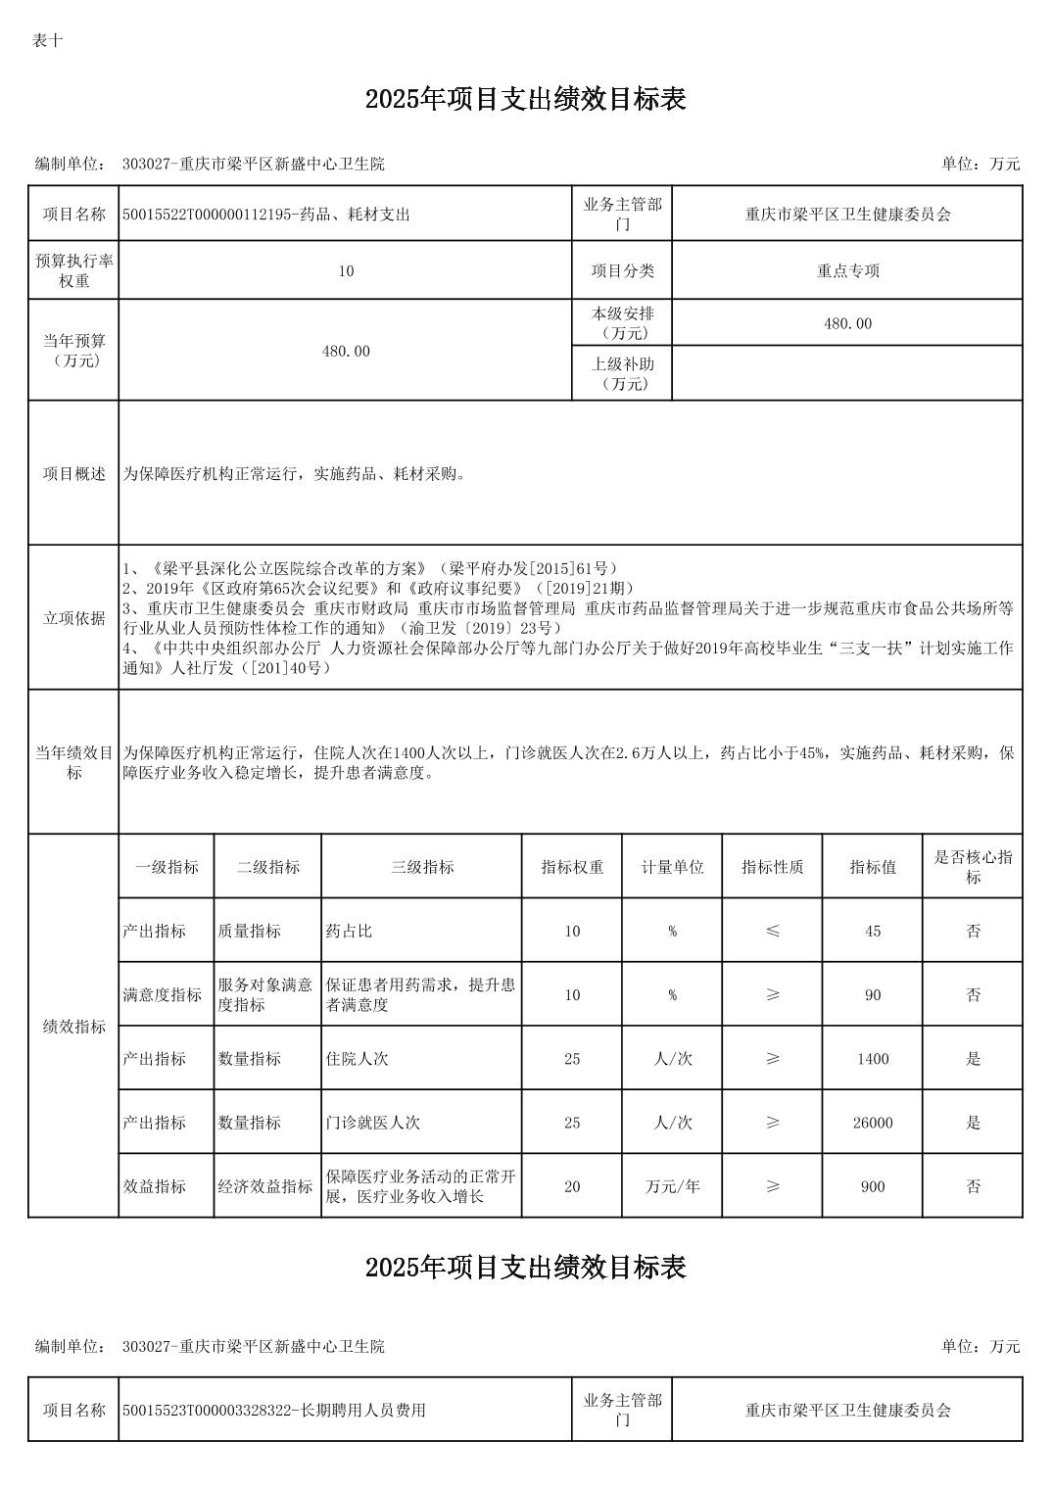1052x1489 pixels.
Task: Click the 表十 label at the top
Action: tap(47, 41)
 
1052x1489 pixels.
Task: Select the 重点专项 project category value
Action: tap(847, 271)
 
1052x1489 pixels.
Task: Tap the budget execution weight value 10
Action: tap(345, 271)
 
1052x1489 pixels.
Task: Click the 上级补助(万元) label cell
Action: tap(622, 373)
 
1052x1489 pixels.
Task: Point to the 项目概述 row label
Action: tap(73, 474)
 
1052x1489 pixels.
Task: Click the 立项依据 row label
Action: tap(73, 618)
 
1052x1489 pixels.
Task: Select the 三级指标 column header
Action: tap(421, 867)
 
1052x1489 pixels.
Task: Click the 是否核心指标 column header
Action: tap(972, 867)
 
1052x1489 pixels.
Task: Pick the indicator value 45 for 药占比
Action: tap(872, 932)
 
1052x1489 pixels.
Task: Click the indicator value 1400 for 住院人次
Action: tap(872, 1059)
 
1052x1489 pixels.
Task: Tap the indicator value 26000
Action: tap(872, 1123)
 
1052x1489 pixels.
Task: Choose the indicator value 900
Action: tap(872, 1186)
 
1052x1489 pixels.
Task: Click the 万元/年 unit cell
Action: tap(672, 1186)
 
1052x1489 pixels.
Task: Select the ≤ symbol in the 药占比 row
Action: tap(772, 932)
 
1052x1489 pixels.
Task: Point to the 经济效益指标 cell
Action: tap(265, 1186)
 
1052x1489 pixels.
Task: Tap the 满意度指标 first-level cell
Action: tap(163, 995)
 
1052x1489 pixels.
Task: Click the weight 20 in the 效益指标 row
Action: tap(572, 1186)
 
